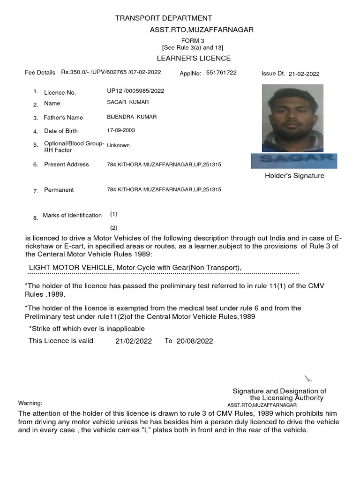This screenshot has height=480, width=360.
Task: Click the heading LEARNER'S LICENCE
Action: (x=194, y=58)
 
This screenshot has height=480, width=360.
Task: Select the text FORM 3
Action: (x=193, y=41)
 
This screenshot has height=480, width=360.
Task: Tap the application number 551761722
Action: (x=221, y=73)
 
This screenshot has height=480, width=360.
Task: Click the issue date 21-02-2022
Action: (x=304, y=74)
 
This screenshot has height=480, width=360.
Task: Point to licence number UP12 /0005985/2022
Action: (x=135, y=91)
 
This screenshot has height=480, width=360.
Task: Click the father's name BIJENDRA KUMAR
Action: (x=132, y=117)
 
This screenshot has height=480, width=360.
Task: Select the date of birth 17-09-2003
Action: (x=121, y=130)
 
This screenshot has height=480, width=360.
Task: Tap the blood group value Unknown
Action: (x=118, y=145)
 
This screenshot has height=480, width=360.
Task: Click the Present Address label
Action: (x=66, y=164)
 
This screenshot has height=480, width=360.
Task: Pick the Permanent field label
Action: (x=59, y=190)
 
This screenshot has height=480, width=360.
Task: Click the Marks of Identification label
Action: (x=72, y=215)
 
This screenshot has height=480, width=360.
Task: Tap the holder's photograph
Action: (x=292, y=118)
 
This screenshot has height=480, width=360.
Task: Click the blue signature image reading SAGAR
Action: (x=294, y=160)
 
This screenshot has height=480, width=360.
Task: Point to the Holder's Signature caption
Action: (x=294, y=176)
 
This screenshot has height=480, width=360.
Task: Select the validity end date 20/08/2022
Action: (x=195, y=341)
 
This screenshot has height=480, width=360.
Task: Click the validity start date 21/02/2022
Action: (x=134, y=341)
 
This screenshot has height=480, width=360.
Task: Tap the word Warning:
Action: (x=30, y=403)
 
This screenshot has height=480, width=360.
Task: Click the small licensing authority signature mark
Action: (x=308, y=378)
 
